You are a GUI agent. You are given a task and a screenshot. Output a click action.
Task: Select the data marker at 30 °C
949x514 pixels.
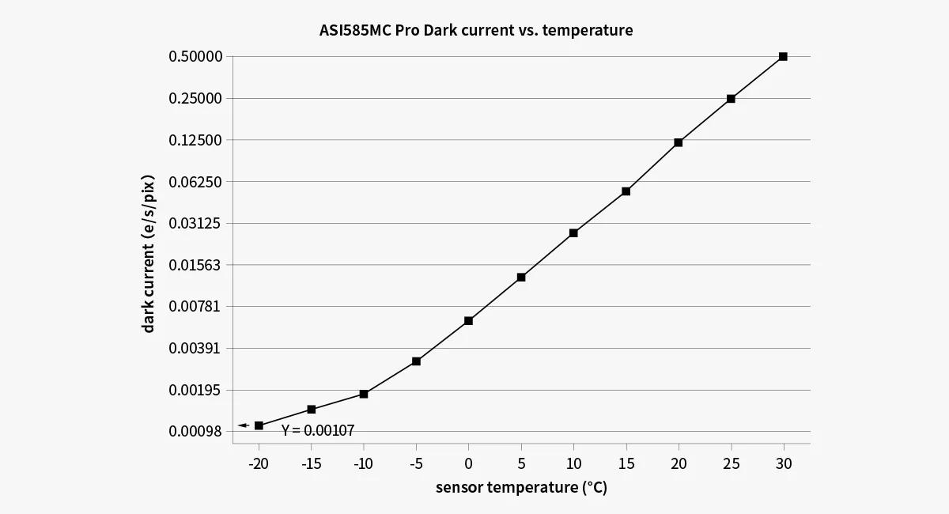tap(783, 57)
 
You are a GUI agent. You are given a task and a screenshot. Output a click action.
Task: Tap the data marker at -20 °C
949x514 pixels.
tap(259, 425)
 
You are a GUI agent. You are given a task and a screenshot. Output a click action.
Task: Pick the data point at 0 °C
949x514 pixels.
tap(468, 320)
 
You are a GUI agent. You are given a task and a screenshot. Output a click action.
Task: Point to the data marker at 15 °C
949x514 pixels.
tap(626, 191)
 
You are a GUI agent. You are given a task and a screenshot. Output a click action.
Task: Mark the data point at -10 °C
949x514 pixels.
tap(364, 394)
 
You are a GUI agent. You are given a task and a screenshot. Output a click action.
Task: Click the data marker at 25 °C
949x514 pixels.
tap(731, 99)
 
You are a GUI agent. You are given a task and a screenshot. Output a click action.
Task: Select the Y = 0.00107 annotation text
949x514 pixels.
tap(318, 431)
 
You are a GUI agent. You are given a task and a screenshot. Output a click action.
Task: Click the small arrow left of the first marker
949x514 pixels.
tap(244, 425)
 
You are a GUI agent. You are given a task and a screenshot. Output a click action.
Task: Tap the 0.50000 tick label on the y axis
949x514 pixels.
tap(195, 57)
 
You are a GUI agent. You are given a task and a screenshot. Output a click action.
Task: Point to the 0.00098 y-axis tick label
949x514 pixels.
tap(195, 432)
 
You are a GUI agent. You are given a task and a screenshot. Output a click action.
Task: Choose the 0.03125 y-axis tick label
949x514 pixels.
tap(195, 223)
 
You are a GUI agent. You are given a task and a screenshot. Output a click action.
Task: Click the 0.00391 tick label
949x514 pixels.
tap(195, 348)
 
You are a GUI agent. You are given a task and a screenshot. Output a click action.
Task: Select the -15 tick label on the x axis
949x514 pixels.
tap(311, 463)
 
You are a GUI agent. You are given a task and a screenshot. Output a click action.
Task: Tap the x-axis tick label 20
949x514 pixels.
tap(679, 463)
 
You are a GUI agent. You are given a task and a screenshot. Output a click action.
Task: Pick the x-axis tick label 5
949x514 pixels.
tap(521, 463)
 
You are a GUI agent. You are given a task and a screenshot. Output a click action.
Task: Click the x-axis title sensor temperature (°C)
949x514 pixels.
tap(521, 487)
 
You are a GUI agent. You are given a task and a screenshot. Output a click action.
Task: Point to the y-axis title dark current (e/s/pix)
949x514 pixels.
tap(149, 253)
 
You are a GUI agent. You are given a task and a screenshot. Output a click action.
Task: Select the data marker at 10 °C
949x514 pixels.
tap(573, 233)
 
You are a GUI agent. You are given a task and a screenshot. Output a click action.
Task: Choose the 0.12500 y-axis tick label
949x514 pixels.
tap(195, 140)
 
